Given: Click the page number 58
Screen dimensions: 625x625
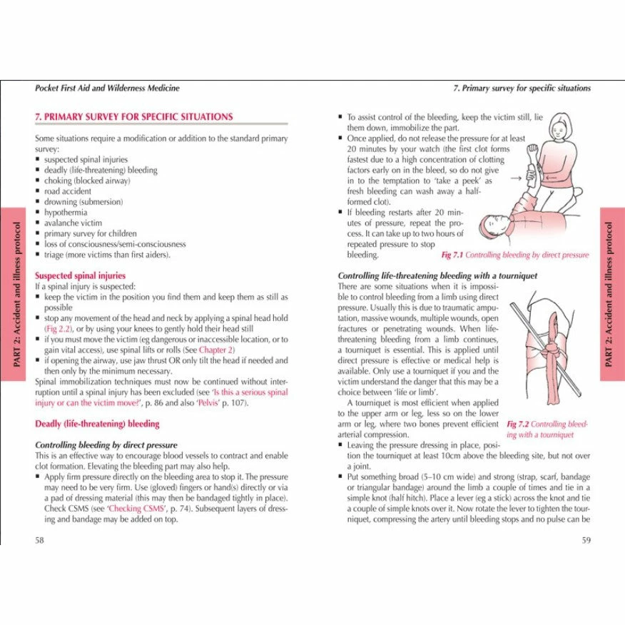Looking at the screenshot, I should (x=39, y=539).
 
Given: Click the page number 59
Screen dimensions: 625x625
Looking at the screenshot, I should (x=586, y=539).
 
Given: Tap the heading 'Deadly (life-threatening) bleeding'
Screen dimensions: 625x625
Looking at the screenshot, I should (x=97, y=424).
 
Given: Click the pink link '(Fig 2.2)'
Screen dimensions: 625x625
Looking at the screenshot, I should (x=61, y=329).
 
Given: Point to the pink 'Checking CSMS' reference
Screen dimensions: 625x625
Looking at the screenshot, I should (x=136, y=509).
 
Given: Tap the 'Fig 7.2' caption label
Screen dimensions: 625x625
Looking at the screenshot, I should (x=519, y=424).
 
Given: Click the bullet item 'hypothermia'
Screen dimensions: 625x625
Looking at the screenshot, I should (x=66, y=213).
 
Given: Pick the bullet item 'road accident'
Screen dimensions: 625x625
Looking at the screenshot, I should (x=68, y=191).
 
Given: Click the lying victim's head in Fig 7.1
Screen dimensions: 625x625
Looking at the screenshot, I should (x=492, y=227).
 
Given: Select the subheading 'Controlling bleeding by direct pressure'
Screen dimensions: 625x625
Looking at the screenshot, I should (x=106, y=445).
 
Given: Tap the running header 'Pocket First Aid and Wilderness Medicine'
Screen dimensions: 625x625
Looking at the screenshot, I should (x=107, y=88).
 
